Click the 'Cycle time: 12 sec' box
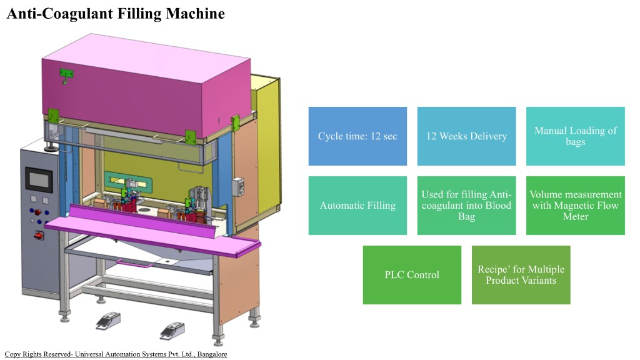click(357, 136)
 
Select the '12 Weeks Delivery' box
click(466, 136)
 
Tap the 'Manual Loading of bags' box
click(575, 136)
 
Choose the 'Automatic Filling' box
click(357, 205)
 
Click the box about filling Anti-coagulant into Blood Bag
click(466, 205)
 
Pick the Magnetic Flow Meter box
click(575, 205)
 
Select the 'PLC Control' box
click(412, 274)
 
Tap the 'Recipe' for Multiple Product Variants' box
click(521, 274)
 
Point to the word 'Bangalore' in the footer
click(212, 354)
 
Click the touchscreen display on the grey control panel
click(39, 181)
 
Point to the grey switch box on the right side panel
click(237, 186)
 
